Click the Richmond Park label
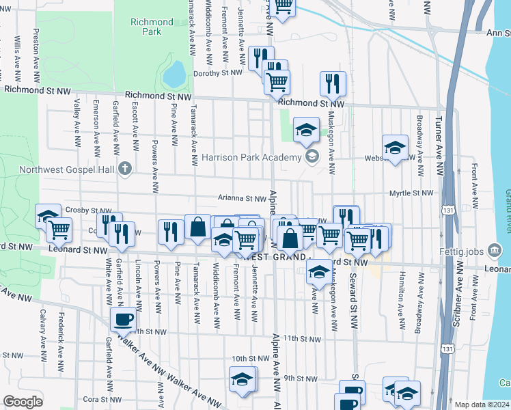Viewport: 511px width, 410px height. (146, 27)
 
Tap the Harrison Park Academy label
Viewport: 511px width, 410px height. (251, 158)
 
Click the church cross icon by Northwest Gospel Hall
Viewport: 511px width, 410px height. (124, 168)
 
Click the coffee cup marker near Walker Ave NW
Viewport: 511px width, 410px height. (124, 319)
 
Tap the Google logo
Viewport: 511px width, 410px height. (23, 402)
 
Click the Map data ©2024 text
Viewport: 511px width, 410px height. (481, 405)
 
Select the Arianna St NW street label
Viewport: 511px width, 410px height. (242, 199)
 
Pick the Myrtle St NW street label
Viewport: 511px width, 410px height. (411, 193)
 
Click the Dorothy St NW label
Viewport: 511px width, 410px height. (218, 73)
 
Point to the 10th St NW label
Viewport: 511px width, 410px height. (250, 358)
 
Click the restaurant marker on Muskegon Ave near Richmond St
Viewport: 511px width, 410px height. (333, 84)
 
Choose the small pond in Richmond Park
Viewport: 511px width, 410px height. (174, 71)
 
